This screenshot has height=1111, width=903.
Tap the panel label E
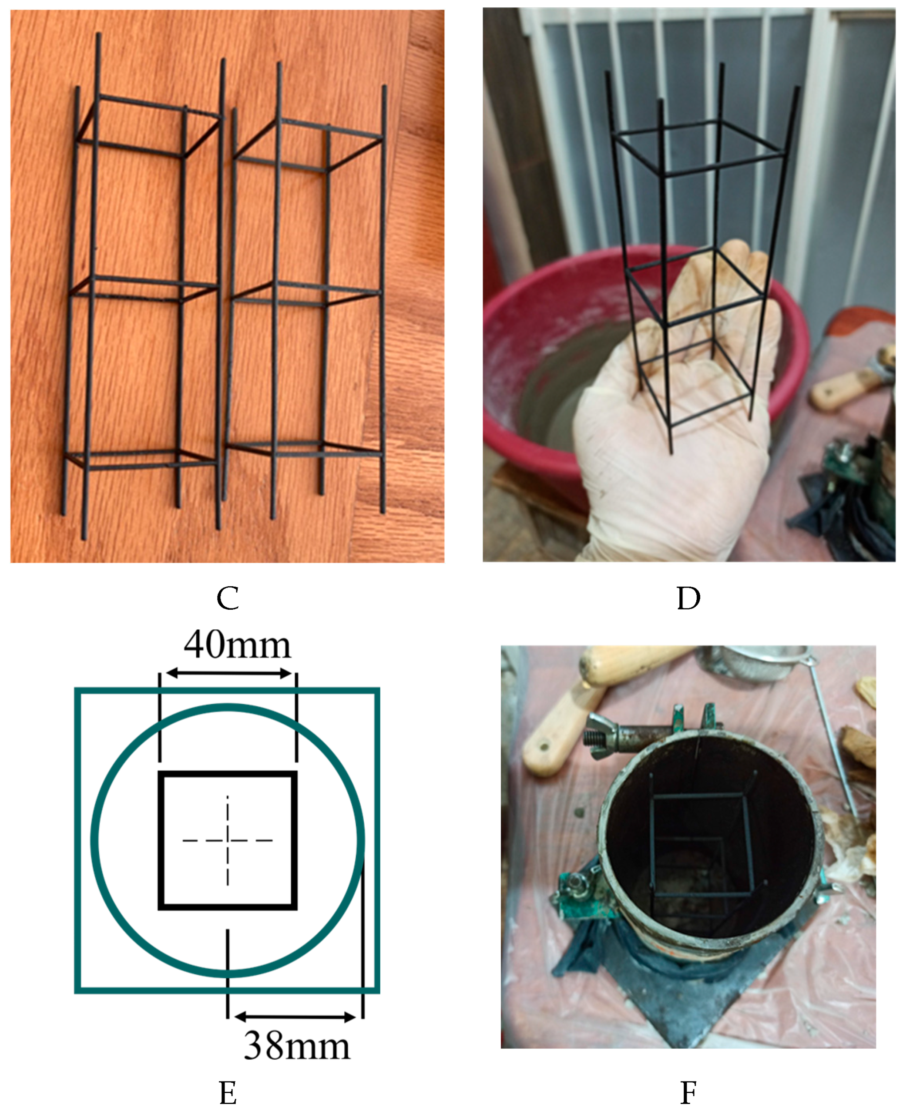click(228, 1092)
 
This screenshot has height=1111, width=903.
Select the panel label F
click(688, 1092)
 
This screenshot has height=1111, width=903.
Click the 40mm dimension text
click(237, 645)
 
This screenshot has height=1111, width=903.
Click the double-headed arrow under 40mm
click(228, 673)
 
